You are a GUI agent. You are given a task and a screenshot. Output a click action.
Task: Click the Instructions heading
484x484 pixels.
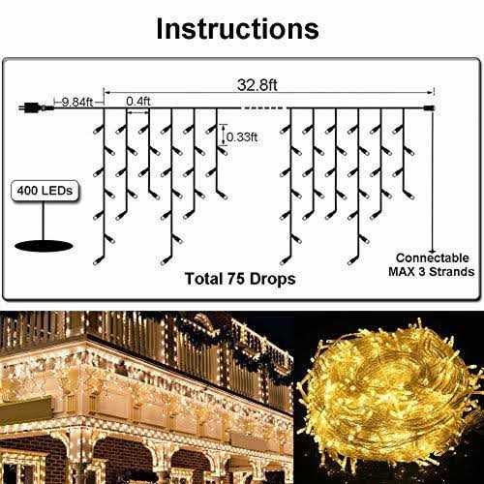[237, 29]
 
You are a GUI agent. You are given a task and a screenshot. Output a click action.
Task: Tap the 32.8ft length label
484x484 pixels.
[257, 85]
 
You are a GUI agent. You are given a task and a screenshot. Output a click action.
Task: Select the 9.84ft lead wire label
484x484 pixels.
[77, 103]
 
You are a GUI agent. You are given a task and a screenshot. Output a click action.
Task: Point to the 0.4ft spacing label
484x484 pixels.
[138, 101]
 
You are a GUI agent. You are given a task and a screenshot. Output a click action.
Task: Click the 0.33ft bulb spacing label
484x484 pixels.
[242, 137]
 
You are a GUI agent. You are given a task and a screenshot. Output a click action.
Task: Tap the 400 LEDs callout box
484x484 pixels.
[45, 191]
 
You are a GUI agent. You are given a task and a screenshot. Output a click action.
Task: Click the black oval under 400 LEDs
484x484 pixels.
[44, 246]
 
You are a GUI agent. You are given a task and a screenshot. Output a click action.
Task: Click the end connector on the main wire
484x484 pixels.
[430, 107]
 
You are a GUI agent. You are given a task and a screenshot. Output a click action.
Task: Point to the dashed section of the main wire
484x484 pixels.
[263, 107]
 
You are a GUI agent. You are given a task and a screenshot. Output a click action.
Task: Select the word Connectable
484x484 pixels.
[433, 257]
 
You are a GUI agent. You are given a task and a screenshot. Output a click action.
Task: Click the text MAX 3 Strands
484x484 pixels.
[432, 272]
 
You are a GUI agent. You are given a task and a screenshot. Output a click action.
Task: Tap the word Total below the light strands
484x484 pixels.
[204, 279]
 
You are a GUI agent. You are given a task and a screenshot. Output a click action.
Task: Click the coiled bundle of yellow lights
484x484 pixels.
[389, 394]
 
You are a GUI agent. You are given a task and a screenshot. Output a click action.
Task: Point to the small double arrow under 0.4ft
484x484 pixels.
[138, 112]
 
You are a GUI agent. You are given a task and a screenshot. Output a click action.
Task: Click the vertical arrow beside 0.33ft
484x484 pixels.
[224, 135]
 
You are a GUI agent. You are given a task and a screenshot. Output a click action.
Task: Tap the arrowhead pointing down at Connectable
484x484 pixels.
[433, 251]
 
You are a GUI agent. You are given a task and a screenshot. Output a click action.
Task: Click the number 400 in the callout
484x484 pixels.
[27, 191]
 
